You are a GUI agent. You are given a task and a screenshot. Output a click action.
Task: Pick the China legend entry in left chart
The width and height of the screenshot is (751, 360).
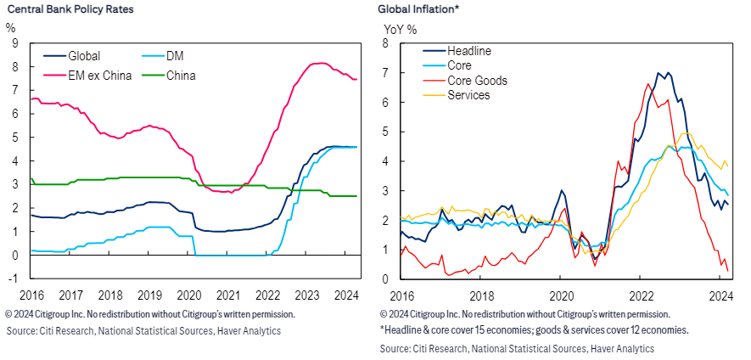[180, 76]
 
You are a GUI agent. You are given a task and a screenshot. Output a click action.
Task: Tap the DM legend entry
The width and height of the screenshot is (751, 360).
[177, 56]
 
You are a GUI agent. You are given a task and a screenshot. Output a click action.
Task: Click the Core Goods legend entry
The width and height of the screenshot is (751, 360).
[479, 81]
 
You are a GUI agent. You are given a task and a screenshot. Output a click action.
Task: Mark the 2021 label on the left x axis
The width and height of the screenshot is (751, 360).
[227, 295]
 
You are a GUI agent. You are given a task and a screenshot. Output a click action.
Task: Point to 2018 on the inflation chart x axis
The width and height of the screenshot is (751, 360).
[480, 295]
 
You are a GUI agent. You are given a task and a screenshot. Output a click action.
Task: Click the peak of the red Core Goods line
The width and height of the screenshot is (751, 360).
[648, 83]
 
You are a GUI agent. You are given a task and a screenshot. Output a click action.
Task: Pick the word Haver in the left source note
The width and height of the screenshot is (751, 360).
[227, 330]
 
